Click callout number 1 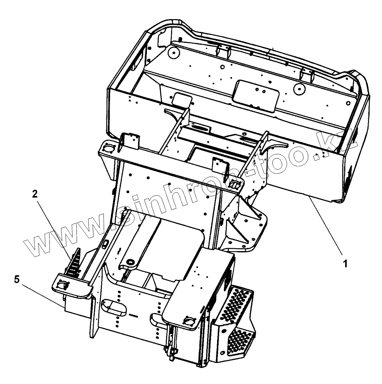(x=345, y=264)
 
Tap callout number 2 (x=35, y=194)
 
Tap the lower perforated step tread (x=241, y=338)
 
